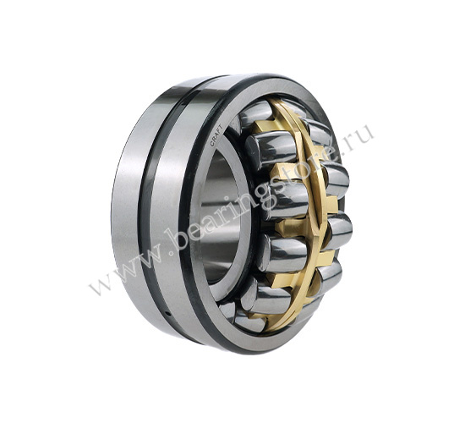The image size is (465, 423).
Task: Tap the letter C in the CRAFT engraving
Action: [212, 143]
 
